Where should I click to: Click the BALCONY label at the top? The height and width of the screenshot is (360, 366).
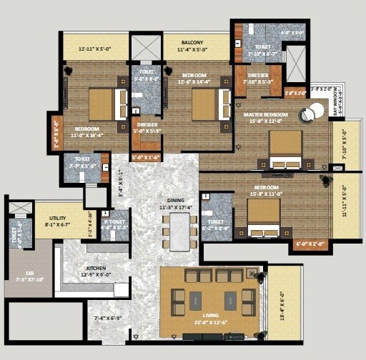[x=192, y=42]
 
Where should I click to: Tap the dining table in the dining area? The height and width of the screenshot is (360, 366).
[x=179, y=230]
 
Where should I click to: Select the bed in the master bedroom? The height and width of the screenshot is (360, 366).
[x=285, y=151]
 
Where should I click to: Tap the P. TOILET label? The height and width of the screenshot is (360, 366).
[x=114, y=221]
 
